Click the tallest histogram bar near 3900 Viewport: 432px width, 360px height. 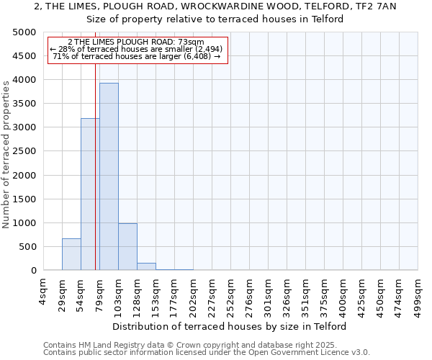point(109,176)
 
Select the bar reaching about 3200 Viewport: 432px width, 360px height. point(90,194)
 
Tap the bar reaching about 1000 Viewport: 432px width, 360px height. point(127,247)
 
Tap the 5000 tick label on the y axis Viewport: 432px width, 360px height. point(24,32)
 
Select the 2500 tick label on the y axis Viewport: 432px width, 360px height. point(24,152)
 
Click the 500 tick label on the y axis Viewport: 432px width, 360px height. point(27,247)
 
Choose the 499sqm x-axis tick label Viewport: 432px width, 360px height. point(418,291)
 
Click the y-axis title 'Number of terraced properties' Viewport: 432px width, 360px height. point(7,154)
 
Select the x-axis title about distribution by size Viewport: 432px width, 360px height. point(230,326)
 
